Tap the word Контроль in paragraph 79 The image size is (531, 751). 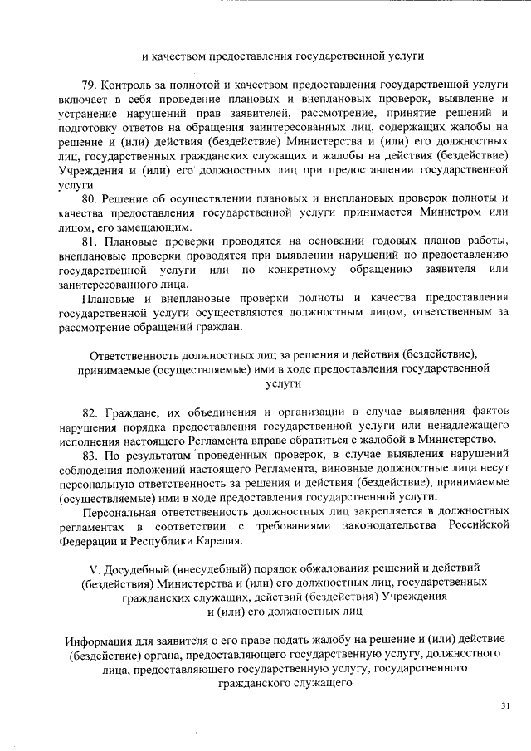(x=132, y=85)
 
